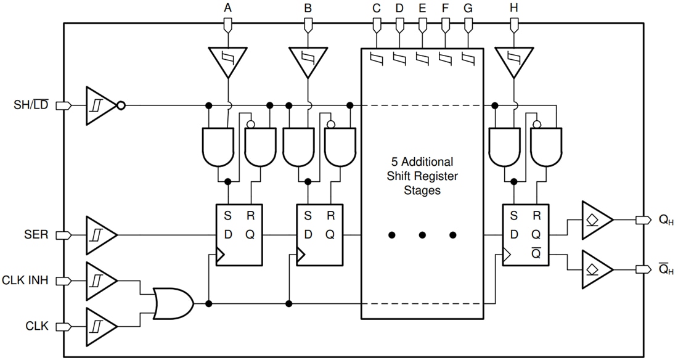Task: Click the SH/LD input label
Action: click(x=31, y=105)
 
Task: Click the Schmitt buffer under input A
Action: click(x=229, y=61)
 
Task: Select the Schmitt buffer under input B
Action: click(x=308, y=61)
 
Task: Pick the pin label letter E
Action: click(x=422, y=9)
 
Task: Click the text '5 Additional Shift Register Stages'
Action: click(x=422, y=176)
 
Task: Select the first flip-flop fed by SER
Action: click(x=239, y=235)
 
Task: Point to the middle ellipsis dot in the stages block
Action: click(x=422, y=235)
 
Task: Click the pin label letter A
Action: click(x=229, y=9)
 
